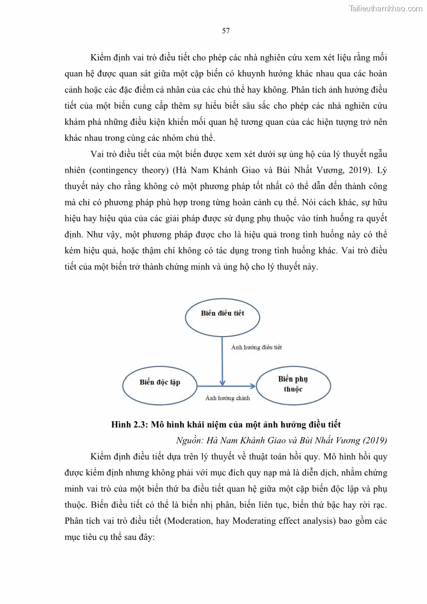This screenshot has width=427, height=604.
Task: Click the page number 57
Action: [226, 31]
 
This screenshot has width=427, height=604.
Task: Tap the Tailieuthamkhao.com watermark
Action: [386, 9]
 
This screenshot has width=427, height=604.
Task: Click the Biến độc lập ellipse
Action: [160, 383]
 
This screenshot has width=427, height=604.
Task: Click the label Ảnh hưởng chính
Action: [227, 399]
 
